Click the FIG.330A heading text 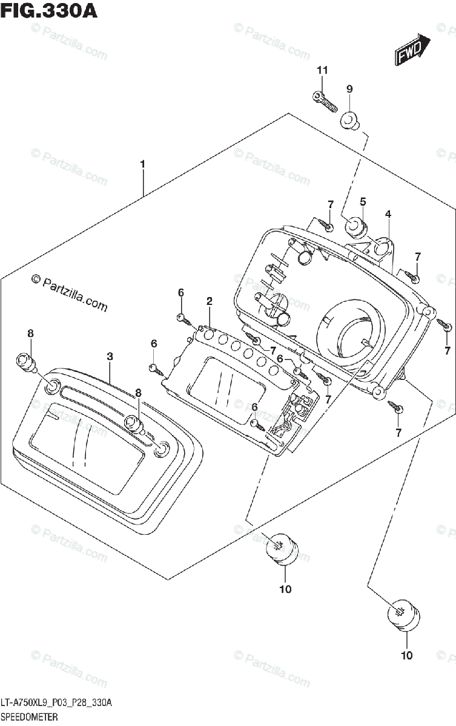pos(48,10)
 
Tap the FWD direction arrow pos(412,50)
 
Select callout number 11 pos(322,71)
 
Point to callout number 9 pos(349,89)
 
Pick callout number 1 pos(142,164)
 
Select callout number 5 pos(363,201)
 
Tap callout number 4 pos(388,214)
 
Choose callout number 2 pos(209,301)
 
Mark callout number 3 pos(110,357)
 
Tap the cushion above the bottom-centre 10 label pos(281,550)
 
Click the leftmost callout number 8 pos(30,333)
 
